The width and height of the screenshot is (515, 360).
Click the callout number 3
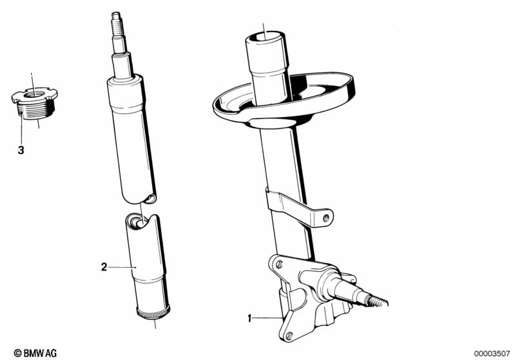[x=21, y=150]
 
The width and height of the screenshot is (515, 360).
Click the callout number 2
[x=104, y=267]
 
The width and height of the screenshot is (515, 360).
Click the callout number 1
[x=249, y=318]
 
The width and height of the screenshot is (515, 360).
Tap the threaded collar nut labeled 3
[x=34, y=103]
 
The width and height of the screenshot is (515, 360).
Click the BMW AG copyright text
[x=35, y=353]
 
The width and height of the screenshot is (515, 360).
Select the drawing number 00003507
[x=492, y=354]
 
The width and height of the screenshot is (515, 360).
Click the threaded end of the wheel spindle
[x=378, y=301]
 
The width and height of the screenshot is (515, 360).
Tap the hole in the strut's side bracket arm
[x=326, y=217]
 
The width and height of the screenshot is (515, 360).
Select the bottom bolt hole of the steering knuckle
[x=289, y=336]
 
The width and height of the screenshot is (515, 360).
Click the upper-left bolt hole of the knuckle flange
[x=280, y=264]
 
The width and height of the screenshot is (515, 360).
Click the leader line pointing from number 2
[x=122, y=267]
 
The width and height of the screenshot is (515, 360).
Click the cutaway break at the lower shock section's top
[x=141, y=220]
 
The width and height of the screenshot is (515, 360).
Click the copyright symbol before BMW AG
[x=18, y=354]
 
